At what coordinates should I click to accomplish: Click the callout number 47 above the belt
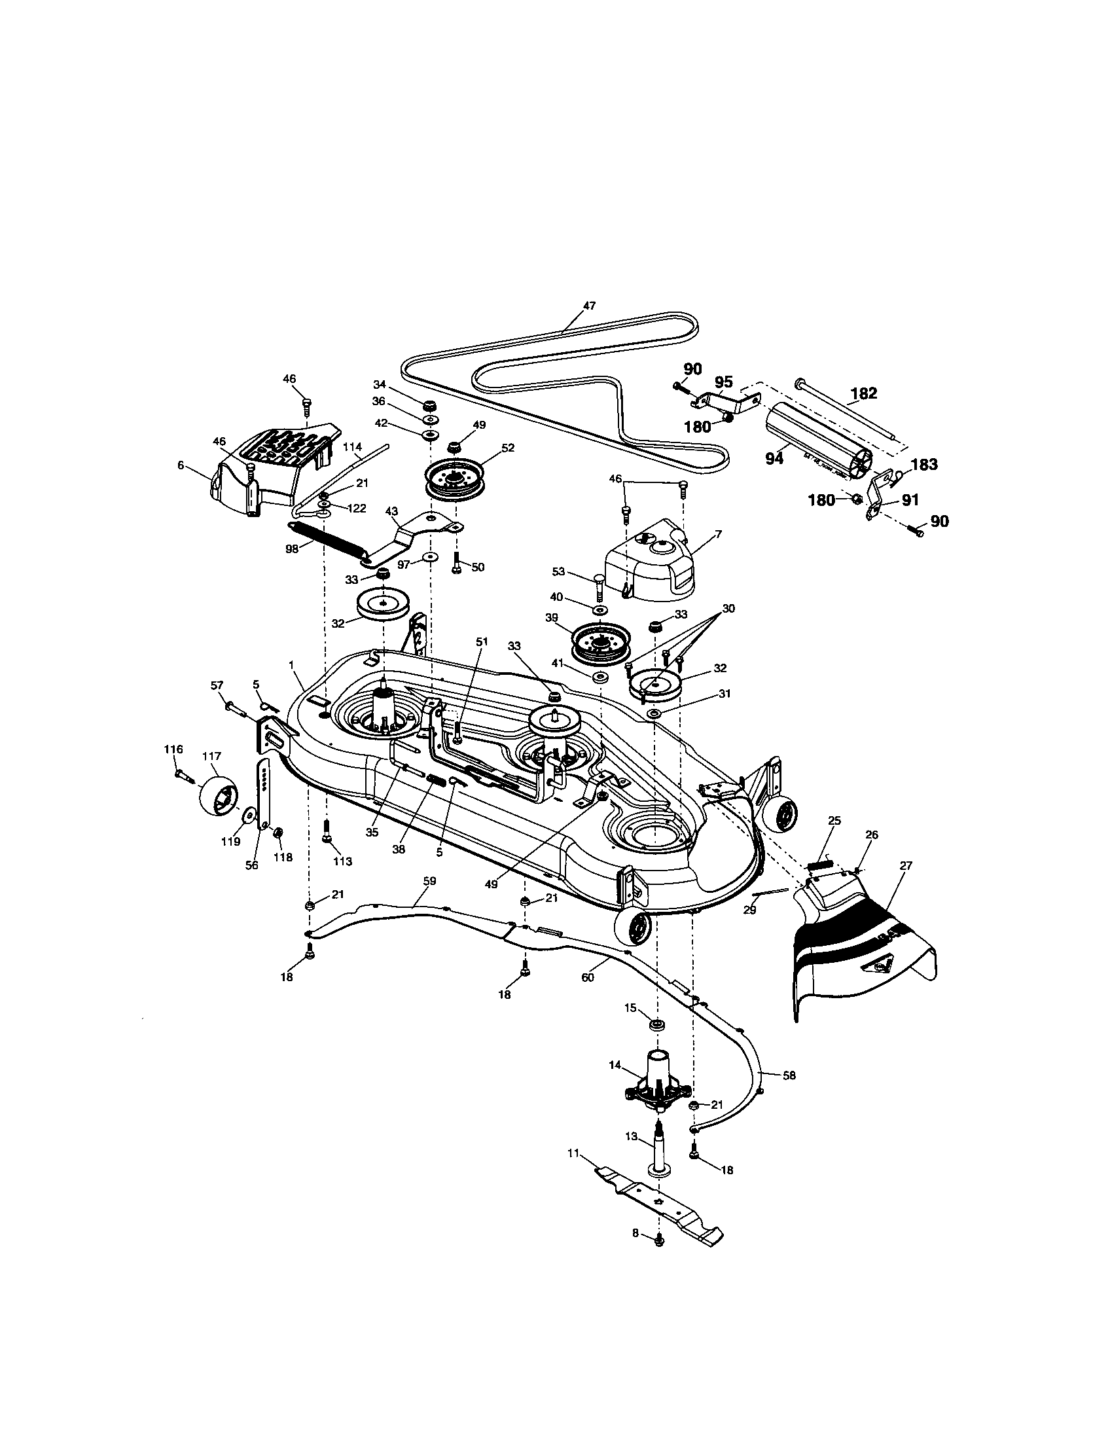[x=589, y=305]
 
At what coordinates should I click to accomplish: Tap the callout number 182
[x=863, y=393]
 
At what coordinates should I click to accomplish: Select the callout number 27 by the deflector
[x=905, y=866]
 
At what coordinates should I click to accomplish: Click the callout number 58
[x=789, y=1075]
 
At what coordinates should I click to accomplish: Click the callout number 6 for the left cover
[x=181, y=465]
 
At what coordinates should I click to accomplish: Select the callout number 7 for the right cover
[x=718, y=534]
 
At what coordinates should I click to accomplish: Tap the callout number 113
[x=342, y=861]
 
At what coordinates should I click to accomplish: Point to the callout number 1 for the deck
[x=292, y=666]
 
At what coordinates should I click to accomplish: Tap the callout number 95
[x=723, y=382]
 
